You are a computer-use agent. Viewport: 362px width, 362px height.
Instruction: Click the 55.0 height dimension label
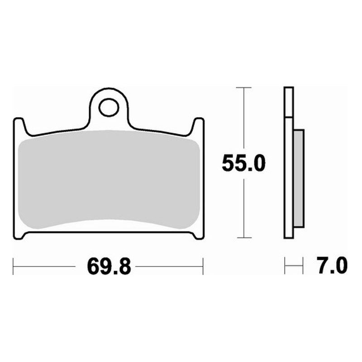tap(243, 163)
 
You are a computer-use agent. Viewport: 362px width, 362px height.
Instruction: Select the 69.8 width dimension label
tap(109, 267)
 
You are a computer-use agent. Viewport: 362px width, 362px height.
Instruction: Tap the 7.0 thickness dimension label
tap(333, 266)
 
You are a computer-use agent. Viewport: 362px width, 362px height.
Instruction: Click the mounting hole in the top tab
tap(109, 107)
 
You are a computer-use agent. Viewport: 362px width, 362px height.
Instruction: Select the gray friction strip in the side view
tap(299, 178)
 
